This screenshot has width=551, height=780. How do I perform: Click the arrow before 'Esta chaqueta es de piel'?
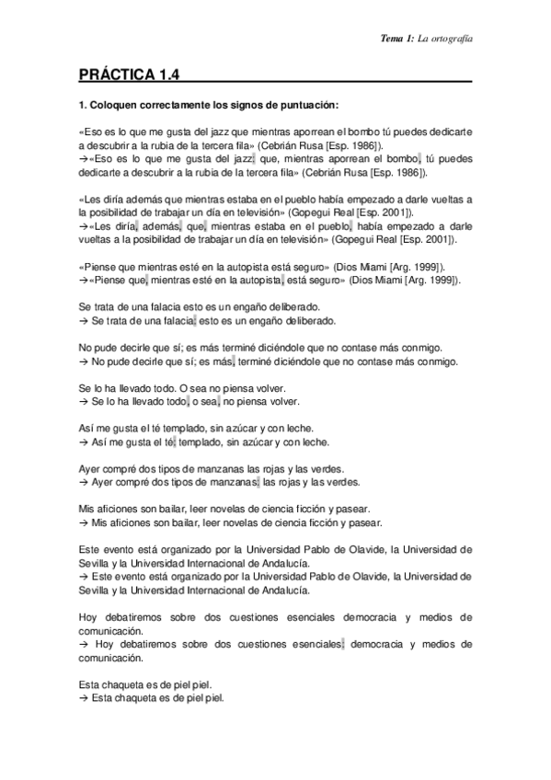pos(84,697)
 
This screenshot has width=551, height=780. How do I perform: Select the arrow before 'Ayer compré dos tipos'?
pos(84,481)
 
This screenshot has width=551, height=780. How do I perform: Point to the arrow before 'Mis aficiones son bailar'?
pos(84,522)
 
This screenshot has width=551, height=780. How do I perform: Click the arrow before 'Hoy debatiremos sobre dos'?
pos(85,644)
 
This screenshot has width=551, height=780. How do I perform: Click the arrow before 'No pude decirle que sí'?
pos(84,361)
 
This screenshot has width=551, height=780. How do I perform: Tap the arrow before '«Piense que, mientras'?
pos(84,280)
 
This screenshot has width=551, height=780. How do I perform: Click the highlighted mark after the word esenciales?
pos(342,644)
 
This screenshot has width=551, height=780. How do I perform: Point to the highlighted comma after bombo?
pos(419,158)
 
